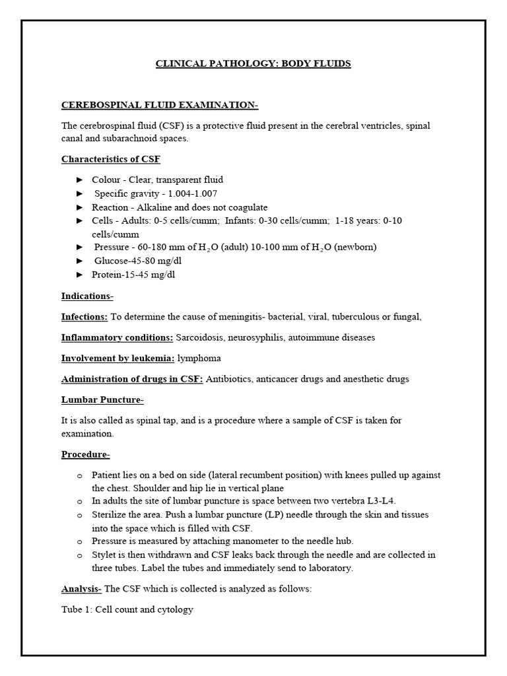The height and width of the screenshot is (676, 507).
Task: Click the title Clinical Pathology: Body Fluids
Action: point(253,64)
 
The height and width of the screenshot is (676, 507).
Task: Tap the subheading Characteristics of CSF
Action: point(110,159)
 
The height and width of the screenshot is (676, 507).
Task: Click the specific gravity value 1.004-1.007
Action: point(191,193)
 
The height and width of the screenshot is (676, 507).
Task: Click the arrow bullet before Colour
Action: point(80,180)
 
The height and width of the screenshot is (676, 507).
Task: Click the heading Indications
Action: point(87,296)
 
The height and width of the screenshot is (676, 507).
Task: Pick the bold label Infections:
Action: point(84,317)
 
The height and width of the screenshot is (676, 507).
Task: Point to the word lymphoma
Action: point(199,358)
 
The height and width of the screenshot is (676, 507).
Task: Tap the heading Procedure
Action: point(86,454)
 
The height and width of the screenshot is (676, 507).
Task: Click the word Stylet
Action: point(105,555)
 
